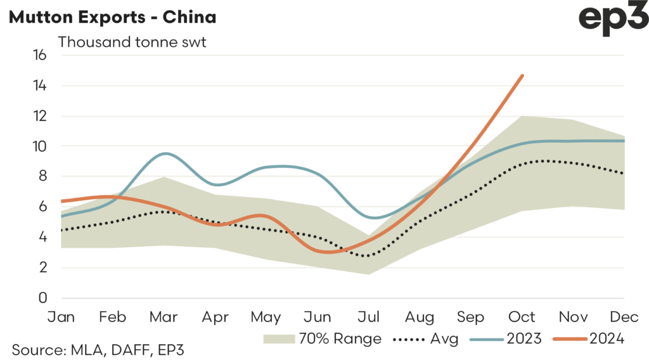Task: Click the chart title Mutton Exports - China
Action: [x=112, y=17]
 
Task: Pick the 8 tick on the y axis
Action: [x=42, y=176]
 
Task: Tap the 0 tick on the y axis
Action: [x=42, y=298]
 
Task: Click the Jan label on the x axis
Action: [x=61, y=316]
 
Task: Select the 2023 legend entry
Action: [x=507, y=339]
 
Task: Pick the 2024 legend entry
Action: [x=590, y=339]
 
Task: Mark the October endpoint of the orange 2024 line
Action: [x=522, y=75]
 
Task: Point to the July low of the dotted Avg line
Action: [x=368, y=256]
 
